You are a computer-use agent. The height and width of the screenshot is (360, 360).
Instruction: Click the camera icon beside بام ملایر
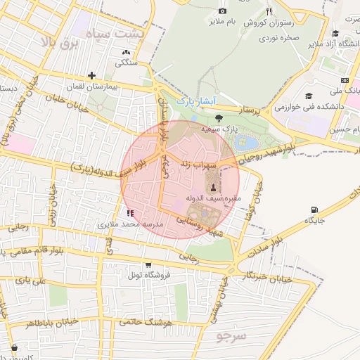pyautogui.click(x=223, y=11)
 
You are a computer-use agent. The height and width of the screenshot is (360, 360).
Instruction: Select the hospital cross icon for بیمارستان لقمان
pyautogui.click(x=91, y=75)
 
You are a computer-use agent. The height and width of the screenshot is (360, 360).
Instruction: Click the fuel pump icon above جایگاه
pyautogui.click(x=314, y=209)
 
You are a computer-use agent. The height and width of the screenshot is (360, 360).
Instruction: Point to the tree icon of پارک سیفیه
pyautogui.click(x=219, y=118)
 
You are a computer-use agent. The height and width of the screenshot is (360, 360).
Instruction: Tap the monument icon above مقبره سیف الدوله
pyautogui.click(x=213, y=186)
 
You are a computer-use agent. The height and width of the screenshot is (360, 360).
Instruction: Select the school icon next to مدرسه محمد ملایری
pyautogui.click(x=129, y=212)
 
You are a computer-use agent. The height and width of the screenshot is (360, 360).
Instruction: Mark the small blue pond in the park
pyautogui.click(x=249, y=143)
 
